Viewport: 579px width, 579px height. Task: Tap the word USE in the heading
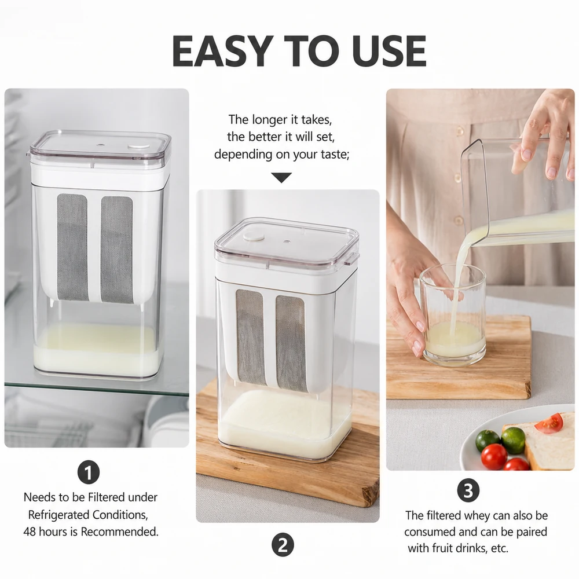click(x=389, y=51)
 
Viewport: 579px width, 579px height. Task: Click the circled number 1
click(x=89, y=472)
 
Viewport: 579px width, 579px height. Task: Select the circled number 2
click(x=283, y=545)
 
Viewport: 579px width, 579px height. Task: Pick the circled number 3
click(x=468, y=491)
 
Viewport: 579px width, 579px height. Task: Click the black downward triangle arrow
click(x=281, y=178)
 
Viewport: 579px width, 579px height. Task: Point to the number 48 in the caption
click(x=30, y=532)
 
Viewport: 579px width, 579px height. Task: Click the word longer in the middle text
click(x=269, y=120)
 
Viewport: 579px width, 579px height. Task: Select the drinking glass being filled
click(x=453, y=314)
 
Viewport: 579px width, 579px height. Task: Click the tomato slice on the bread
click(x=551, y=423)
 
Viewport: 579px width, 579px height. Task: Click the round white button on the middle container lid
click(x=254, y=236)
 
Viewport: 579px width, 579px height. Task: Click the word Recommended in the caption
click(x=120, y=532)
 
